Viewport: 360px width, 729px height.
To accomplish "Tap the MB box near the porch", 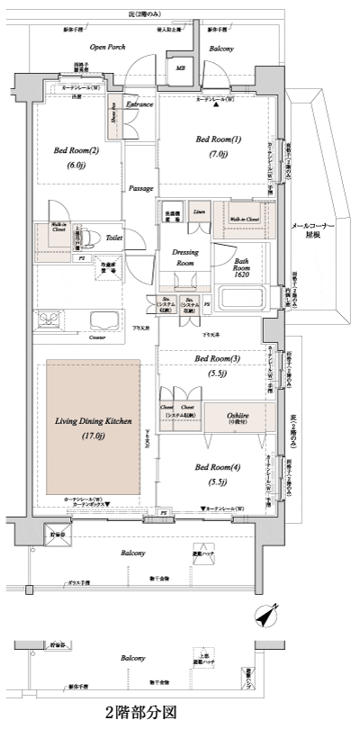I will click(180, 67).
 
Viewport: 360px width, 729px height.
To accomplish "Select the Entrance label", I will click(139, 105).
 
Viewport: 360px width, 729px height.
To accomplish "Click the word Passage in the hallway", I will click(139, 189).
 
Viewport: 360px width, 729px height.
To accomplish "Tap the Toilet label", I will click(113, 239).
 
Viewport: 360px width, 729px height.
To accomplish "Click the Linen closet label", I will click(199, 211).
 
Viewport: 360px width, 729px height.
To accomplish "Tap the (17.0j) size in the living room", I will click(94, 436).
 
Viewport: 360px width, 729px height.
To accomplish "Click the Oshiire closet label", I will click(234, 416).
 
